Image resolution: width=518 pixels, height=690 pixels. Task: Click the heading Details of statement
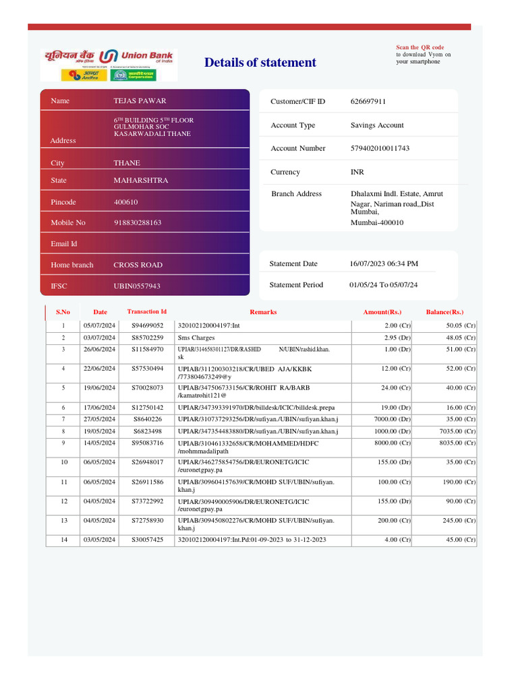pyautogui.click(x=260, y=63)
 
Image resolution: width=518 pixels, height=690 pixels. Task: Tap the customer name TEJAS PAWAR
pyautogui.click(x=140, y=101)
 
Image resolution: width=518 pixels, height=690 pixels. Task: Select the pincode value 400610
pyautogui.click(x=125, y=202)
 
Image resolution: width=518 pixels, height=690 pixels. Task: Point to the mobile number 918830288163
pyautogui.click(x=138, y=222)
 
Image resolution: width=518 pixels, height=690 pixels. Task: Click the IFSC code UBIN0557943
pyautogui.click(x=137, y=286)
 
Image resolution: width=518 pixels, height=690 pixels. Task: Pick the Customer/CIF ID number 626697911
pyautogui.click(x=368, y=102)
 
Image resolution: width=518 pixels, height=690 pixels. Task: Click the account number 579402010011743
pyautogui.click(x=380, y=148)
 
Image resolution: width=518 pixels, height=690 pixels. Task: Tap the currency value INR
pyautogui.click(x=357, y=172)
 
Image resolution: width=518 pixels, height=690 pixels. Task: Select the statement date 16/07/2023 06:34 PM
pyautogui.click(x=384, y=263)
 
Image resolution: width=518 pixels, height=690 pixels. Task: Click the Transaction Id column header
pyautogui.click(x=147, y=312)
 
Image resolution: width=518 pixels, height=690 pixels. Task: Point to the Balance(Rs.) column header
pyautogui.click(x=444, y=312)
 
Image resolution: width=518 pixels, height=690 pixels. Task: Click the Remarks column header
pyautogui.click(x=263, y=312)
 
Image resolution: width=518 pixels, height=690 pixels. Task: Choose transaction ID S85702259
pyautogui.click(x=147, y=338)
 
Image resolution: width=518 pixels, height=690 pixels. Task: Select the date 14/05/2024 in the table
pyautogui.click(x=100, y=443)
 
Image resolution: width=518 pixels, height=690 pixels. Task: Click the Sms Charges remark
pyautogui.click(x=196, y=338)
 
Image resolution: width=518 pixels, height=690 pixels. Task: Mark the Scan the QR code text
pyautogui.click(x=420, y=48)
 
